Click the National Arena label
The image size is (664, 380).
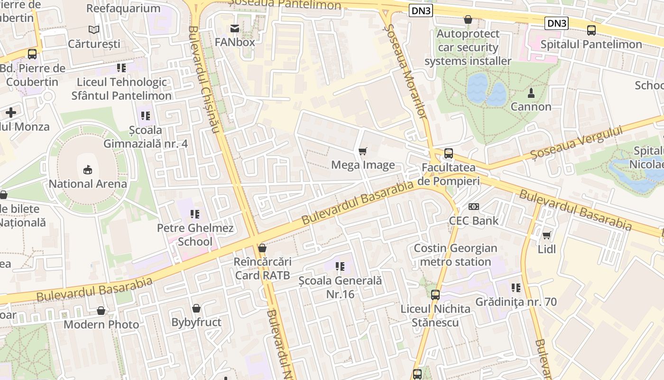click(x=88, y=184)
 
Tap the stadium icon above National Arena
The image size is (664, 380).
click(x=88, y=170)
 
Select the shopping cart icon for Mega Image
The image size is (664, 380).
click(x=363, y=151)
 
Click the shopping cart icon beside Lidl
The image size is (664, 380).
click(x=547, y=235)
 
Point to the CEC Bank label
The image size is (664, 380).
click(x=474, y=220)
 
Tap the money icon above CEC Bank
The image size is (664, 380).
click(x=474, y=207)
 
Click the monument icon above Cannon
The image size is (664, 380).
click(x=531, y=93)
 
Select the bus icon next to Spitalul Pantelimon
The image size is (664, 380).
click(x=591, y=30)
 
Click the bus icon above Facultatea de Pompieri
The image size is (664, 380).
click(x=449, y=153)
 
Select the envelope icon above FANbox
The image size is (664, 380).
click(x=235, y=28)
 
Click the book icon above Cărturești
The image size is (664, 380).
click(x=94, y=30)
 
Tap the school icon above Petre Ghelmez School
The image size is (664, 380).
click(x=195, y=214)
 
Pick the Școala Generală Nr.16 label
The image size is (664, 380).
click(x=340, y=287)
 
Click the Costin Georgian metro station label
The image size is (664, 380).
click(x=455, y=255)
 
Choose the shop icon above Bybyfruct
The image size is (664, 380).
click(x=196, y=309)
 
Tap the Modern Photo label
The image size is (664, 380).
click(x=101, y=324)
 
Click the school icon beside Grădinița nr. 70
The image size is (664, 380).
click(x=516, y=288)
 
